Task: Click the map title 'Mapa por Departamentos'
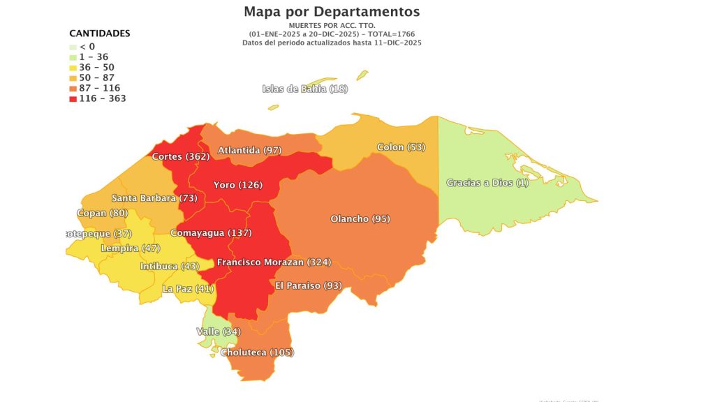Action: click(x=332, y=12)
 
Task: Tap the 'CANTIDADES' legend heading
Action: click(x=99, y=33)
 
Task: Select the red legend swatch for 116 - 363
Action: click(x=73, y=99)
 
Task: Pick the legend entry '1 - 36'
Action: click(x=94, y=57)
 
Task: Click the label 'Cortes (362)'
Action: click(x=180, y=156)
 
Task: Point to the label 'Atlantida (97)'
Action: click(x=249, y=150)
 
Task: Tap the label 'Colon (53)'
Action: click(x=401, y=147)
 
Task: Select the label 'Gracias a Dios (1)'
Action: click(x=487, y=183)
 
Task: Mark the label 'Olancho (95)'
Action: click(x=360, y=219)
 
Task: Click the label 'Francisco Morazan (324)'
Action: click(x=274, y=262)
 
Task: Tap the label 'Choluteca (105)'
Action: click(x=257, y=352)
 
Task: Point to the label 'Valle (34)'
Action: click(x=219, y=332)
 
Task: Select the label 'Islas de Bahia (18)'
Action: click(x=304, y=89)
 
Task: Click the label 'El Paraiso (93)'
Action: click(x=308, y=285)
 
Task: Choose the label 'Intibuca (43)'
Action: click(x=169, y=267)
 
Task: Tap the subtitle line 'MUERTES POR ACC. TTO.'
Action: click(x=332, y=26)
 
